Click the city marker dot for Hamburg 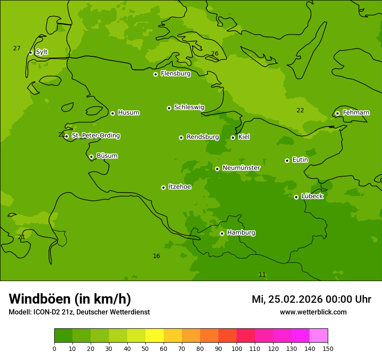point(222,233)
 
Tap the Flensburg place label point(175,74)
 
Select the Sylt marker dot point(30,52)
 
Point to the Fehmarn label point(356,113)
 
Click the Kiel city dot point(233,137)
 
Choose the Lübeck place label point(312,196)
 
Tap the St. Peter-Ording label point(95,136)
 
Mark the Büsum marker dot point(91,157)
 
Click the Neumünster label point(241,168)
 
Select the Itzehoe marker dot point(163,187)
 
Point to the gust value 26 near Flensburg point(214,54)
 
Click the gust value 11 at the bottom point(262,275)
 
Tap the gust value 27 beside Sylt point(16,48)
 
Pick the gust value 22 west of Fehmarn point(300,110)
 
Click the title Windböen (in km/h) point(70,299)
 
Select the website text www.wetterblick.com point(313,312)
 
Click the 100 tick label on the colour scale point(237,348)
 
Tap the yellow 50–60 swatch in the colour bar point(155,336)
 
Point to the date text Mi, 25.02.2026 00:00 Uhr point(311,299)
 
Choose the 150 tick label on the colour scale point(327,348)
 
